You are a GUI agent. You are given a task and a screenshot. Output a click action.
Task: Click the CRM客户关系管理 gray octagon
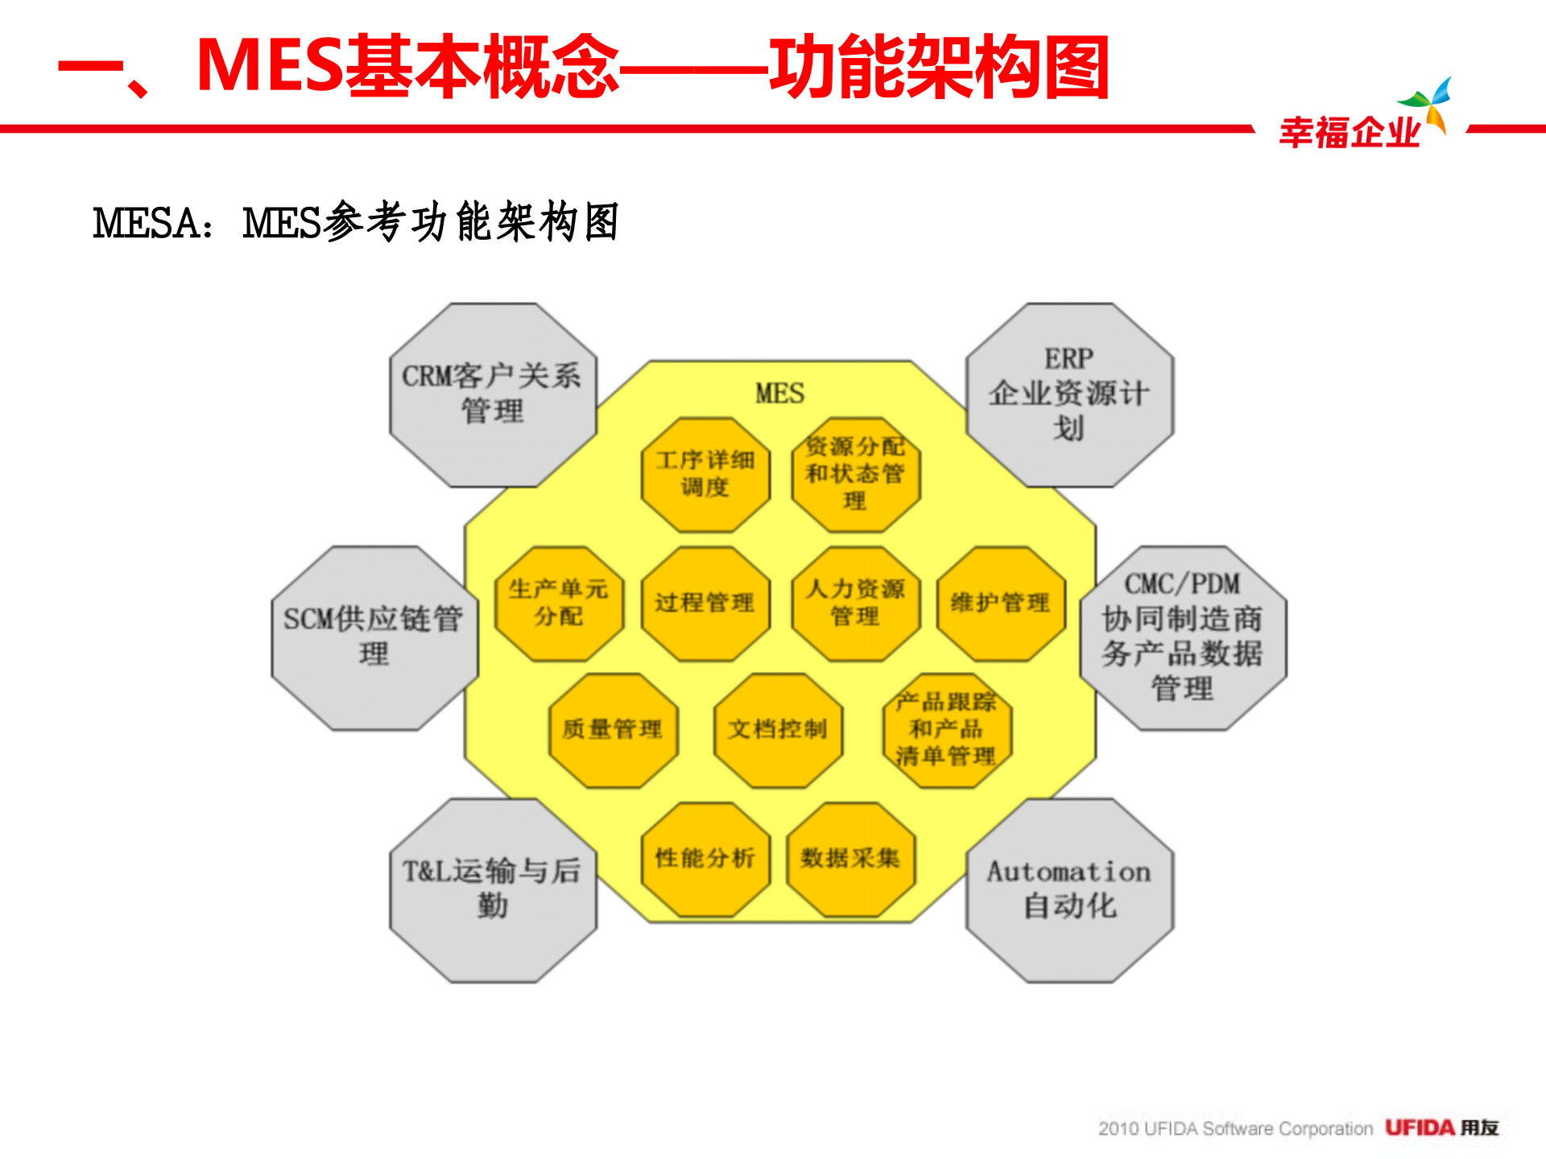[x=493, y=394]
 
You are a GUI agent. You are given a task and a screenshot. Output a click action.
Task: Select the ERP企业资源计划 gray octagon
[x=1069, y=394]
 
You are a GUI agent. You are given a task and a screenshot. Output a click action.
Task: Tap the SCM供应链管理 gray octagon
[x=374, y=637]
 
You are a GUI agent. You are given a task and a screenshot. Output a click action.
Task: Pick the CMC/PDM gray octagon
[x=1183, y=637]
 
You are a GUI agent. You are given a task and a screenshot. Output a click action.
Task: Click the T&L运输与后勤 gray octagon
[x=493, y=889]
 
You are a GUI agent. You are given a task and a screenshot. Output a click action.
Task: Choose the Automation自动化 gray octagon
[x=1069, y=889]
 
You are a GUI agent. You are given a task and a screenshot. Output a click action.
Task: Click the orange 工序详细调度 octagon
[x=705, y=474]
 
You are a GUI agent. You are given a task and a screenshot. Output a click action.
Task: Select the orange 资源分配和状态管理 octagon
[x=855, y=474]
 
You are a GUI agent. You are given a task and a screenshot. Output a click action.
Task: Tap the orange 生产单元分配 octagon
[x=559, y=603]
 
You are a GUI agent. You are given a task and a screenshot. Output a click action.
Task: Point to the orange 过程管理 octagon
[x=705, y=603]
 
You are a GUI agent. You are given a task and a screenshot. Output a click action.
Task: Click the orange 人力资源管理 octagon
[x=855, y=603]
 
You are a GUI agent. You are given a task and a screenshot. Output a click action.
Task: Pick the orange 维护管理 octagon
[x=1001, y=603]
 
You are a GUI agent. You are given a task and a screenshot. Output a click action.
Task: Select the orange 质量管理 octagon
[x=613, y=730]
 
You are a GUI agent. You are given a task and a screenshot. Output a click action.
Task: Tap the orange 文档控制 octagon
[x=778, y=730]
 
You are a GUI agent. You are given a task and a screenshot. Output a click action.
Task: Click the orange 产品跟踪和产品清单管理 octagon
[x=946, y=730]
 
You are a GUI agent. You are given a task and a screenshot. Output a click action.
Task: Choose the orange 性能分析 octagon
[x=705, y=859]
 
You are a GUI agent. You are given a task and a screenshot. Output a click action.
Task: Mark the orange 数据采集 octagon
[x=850, y=859]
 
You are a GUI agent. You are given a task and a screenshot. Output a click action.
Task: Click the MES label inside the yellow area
[x=779, y=394]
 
